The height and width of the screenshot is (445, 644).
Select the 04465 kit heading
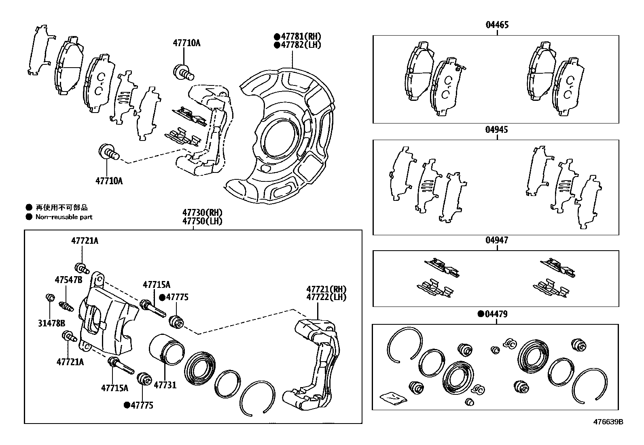(x=497, y=25)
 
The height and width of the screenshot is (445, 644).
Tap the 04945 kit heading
(x=497, y=130)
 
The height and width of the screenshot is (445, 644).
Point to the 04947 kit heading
(x=497, y=240)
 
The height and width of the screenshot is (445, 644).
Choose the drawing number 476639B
(x=608, y=422)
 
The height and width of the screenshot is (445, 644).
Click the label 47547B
(x=68, y=280)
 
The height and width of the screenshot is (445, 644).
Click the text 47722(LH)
(x=326, y=297)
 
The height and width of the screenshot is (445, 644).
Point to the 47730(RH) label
(x=202, y=213)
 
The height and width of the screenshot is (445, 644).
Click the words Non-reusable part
(x=64, y=217)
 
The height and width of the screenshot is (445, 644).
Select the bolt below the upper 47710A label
(x=183, y=72)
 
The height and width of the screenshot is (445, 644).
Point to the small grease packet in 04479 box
(x=392, y=398)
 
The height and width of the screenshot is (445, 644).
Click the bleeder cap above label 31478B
(x=50, y=298)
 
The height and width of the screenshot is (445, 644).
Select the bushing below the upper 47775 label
(x=176, y=321)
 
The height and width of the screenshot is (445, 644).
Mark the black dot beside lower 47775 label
(x=127, y=405)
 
